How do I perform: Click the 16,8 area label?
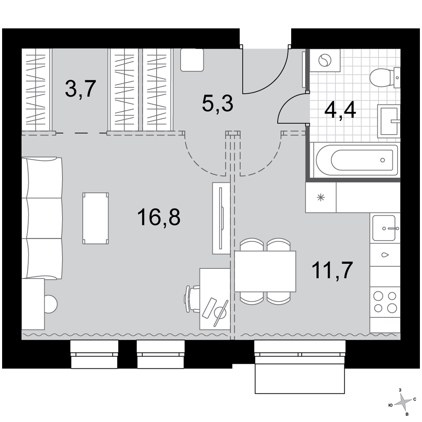[x=159, y=217]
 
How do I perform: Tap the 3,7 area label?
[x=81, y=89]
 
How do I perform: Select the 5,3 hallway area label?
[x=217, y=103]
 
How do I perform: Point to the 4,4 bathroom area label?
[x=340, y=110]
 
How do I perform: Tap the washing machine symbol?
[x=325, y=60]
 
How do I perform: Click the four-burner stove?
[x=385, y=302]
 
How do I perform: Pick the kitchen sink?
[x=384, y=228]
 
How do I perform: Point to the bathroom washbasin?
[x=389, y=121]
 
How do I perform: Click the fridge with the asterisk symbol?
[x=321, y=197]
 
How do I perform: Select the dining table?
[x=265, y=271]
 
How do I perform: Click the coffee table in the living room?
[x=95, y=218]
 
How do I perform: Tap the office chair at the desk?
[x=192, y=299]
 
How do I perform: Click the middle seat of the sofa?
[x=42, y=218]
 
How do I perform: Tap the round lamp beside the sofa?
[x=51, y=304]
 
